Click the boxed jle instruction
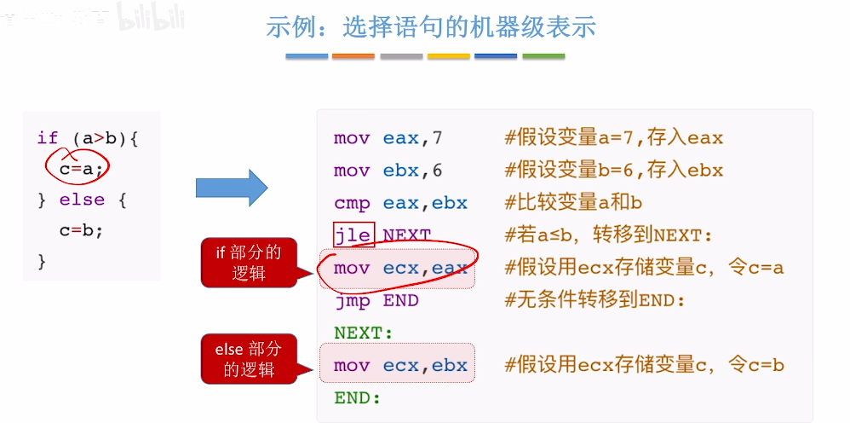[353, 235]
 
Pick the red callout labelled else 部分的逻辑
[249, 358]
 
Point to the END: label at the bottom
[357, 398]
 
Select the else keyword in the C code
[82, 200]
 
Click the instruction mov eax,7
[388, 137]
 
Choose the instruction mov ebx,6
[388, 170]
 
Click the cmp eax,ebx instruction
[400, 202]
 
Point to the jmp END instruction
[376, 300]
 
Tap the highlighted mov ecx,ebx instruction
[400, 366]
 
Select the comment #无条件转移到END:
[594, 300]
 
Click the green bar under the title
[543, 56]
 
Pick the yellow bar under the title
[449, 56]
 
